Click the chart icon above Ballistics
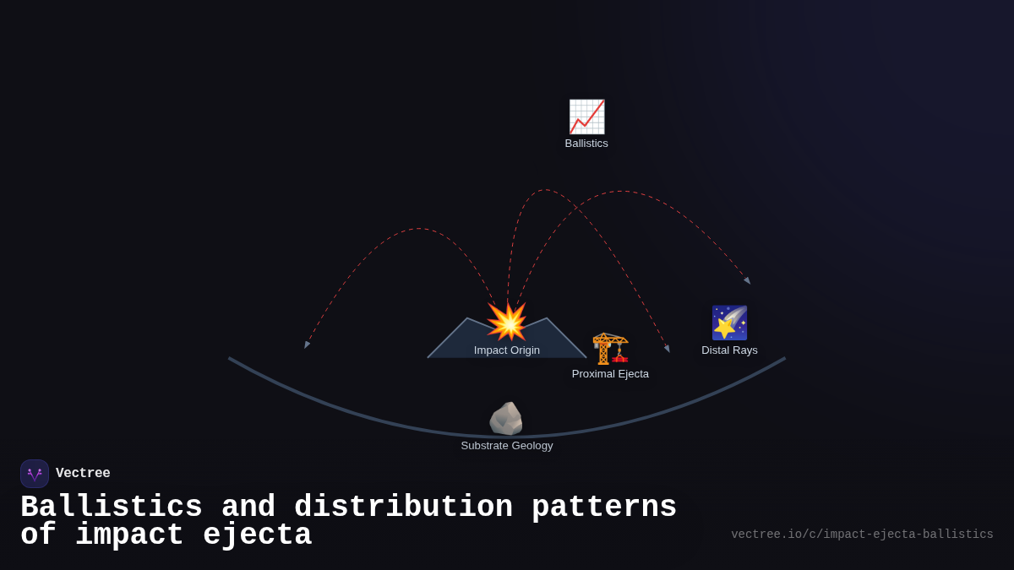586,117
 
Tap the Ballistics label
586,144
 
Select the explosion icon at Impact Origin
507,321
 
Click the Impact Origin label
507,350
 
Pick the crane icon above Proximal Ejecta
610,347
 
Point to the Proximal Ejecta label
610,374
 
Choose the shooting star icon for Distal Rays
729,323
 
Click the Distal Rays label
729,350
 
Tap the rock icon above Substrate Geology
506,419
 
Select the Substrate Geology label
507,446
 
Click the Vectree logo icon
35,474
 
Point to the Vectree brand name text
83,474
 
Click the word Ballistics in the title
112,508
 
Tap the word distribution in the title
404,508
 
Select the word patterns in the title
604,508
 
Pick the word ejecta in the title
258,535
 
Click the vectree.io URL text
862,535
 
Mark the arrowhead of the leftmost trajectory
307,345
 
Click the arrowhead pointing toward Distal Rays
747,280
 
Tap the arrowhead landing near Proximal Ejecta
667,349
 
